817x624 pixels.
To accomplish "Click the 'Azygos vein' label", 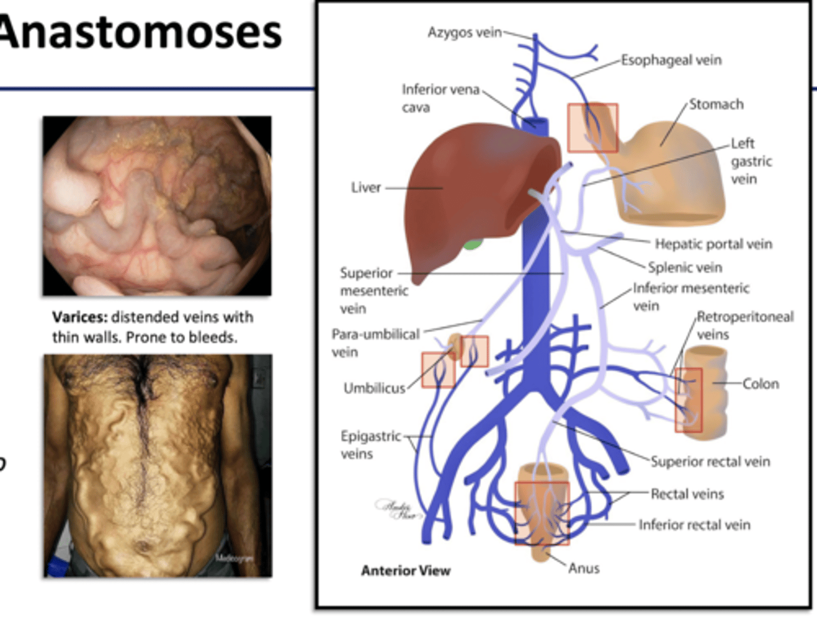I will point(464,32).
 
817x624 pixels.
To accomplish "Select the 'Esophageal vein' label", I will point(671,60).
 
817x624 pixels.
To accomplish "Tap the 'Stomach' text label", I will point(716,104).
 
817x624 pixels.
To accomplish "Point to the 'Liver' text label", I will point(365,188).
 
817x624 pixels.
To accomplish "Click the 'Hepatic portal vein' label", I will point(713,244).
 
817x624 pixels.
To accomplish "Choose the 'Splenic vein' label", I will point(685,267).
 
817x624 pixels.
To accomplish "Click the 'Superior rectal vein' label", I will point(710,462).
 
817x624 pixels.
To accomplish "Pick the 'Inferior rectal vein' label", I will point(694,525).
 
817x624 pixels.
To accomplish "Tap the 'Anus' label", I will point(584,568).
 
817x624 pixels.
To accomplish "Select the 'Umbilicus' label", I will point(374,389).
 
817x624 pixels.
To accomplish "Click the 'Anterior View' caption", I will point(406,571).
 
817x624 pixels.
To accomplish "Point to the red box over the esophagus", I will point(592,128).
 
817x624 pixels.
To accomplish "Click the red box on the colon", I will point(688,400).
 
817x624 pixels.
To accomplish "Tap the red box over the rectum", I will point(541,513).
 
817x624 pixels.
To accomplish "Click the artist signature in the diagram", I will point(398,509).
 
